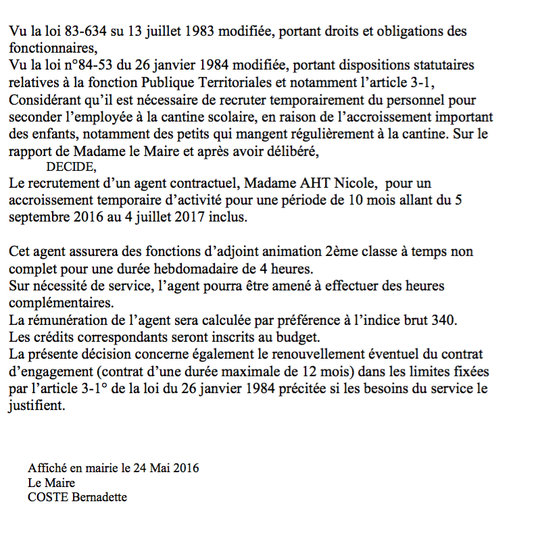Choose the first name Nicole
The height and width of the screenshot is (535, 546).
coord(356,184)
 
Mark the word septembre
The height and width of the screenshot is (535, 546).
coord(39,218)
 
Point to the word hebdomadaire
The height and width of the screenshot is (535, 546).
coord(194,268)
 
